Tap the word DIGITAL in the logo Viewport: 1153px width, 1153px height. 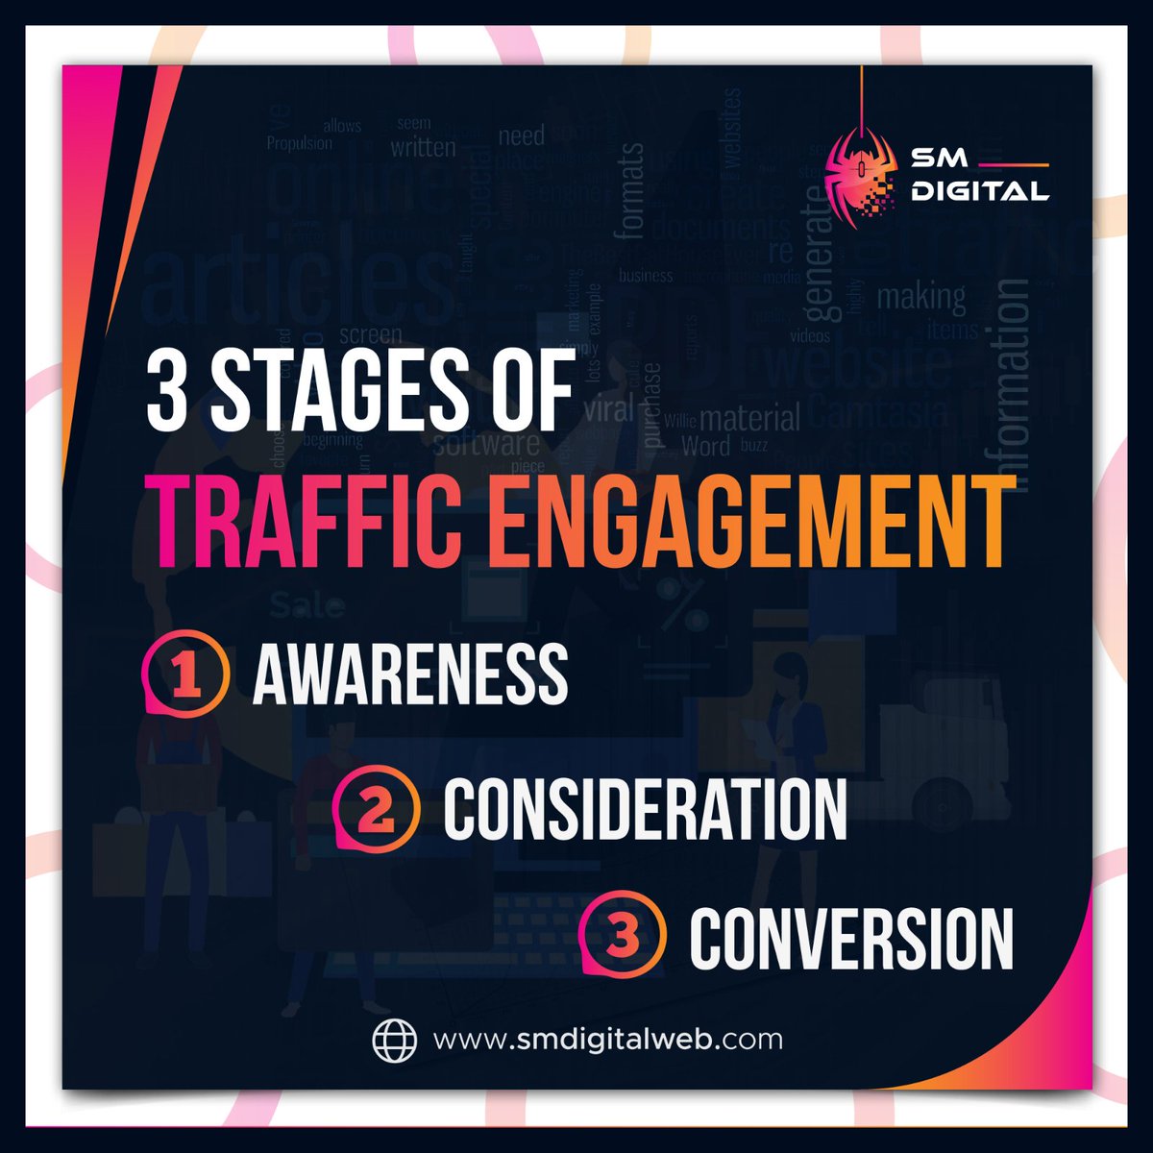click(980, 191)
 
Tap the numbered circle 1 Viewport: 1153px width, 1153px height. click(186, 672)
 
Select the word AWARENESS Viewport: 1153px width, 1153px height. click(410, 672)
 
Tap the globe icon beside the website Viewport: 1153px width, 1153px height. click(395, 1039)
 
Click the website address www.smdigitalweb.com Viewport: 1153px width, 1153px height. click(607, 1039)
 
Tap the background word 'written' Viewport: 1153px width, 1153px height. click(423, 147)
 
